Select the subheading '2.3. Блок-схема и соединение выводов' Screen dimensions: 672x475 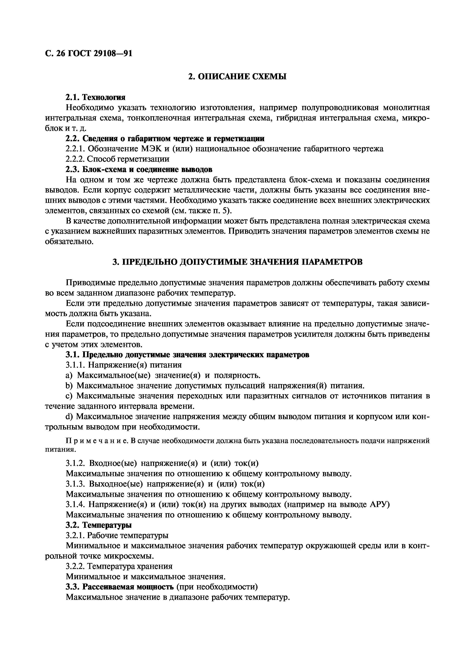[x=139, y=170]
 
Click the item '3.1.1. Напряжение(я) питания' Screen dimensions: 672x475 [x=124, y=365]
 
